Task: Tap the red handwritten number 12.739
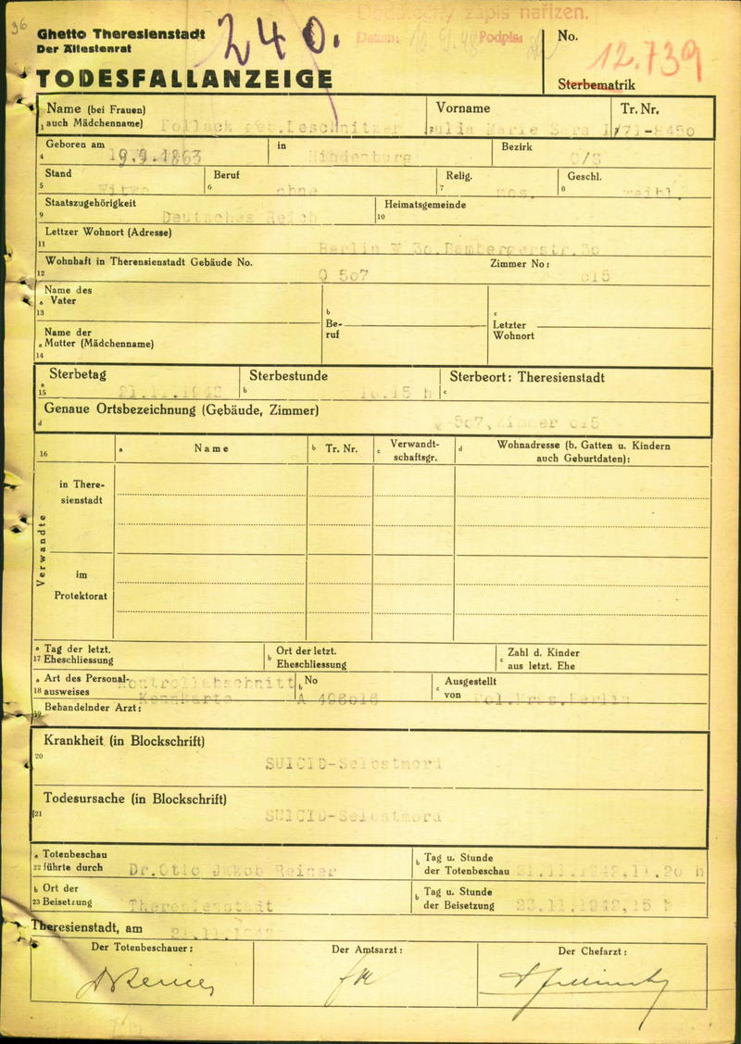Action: [648, 60]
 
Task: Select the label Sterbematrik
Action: [597, 84]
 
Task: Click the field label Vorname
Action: [463, 108]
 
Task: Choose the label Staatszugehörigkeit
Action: [91, 202]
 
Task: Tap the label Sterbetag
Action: [78, 375]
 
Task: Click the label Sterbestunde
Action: [288, 376]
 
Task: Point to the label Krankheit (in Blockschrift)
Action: [123, 741]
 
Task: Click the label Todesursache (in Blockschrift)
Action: [134, 799]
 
